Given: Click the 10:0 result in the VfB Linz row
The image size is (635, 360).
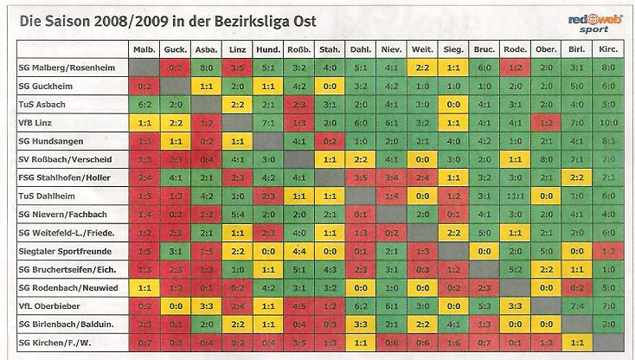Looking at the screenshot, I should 607,121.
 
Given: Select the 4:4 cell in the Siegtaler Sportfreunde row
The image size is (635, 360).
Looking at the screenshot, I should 298,251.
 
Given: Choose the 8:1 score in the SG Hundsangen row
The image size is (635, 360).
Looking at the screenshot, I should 607,140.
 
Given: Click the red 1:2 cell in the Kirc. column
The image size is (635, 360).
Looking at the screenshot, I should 607,251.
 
